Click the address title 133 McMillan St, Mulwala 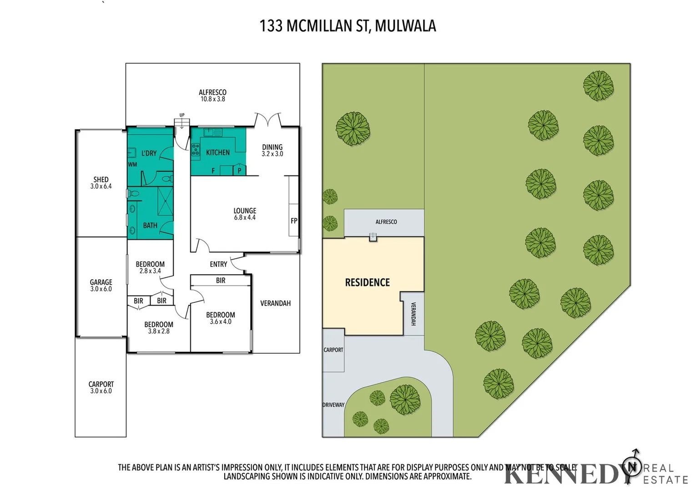[347, 26]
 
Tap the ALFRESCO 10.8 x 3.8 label [212, 95]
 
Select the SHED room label [101, 180]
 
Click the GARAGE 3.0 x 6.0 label [101, 286]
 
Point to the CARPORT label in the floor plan [101, 387]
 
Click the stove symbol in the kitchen [196, 149]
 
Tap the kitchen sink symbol [212, 133]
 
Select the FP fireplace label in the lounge [294, 221]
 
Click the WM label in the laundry [132, 165]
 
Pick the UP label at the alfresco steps [182, 115]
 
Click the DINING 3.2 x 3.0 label [272, 150]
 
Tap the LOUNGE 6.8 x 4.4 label [245, 214]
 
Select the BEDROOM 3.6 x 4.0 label [221, 318]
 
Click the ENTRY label [218, 264]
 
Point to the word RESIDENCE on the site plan [368, 282]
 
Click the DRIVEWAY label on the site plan [333, 405]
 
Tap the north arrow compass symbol [632, 466]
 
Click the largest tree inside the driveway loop [405, 400]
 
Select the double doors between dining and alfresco [268, 120]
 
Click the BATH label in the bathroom [150, 225]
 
